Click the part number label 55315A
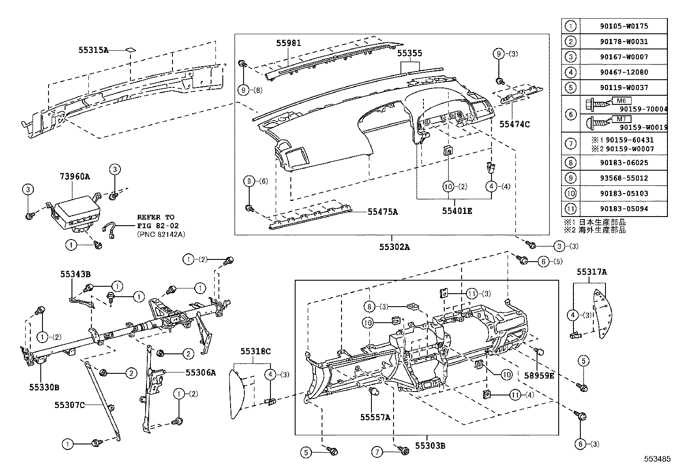(93, 50)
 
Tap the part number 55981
(289, 43)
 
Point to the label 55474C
(514, 124)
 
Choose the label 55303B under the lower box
(430, 445)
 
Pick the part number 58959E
(539, 376)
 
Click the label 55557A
(375, 417)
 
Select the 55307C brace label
(69, 405)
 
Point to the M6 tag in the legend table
(621, 101)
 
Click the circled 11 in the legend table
(571, 209)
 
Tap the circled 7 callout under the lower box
(377, 452)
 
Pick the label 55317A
(591, 272)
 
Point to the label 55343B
(75, 274)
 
